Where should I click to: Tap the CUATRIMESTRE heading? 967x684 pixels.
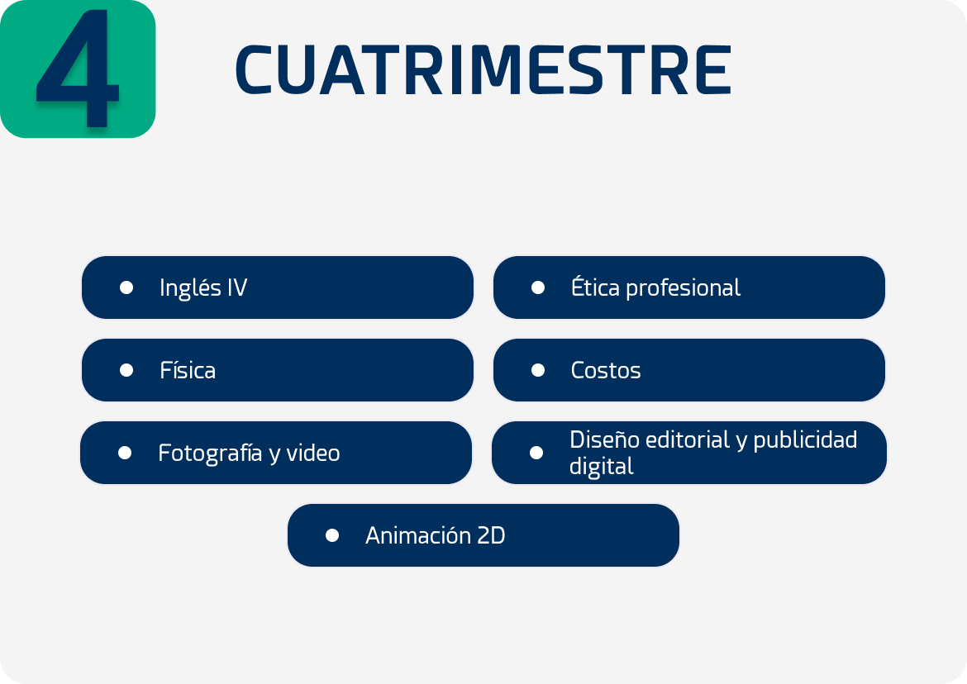[483, 70]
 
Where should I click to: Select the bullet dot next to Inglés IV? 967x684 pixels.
[126, 287]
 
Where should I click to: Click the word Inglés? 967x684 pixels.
[191, 288]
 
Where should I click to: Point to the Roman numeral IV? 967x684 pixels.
[237, 287]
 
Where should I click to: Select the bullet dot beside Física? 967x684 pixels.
[126, 370]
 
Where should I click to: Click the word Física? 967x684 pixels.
[188, 370]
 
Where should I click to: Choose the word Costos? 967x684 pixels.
[606, 370]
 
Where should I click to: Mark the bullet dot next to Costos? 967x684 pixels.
[538, 370]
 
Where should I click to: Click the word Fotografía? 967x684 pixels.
[210, 454]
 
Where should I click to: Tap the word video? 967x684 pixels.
[313, 453]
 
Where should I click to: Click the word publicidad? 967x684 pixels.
[805, 440]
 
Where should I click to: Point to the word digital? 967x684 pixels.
[602, 467]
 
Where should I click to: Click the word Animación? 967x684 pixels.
[409, 535]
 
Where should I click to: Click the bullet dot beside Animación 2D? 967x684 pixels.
[332, 535]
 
